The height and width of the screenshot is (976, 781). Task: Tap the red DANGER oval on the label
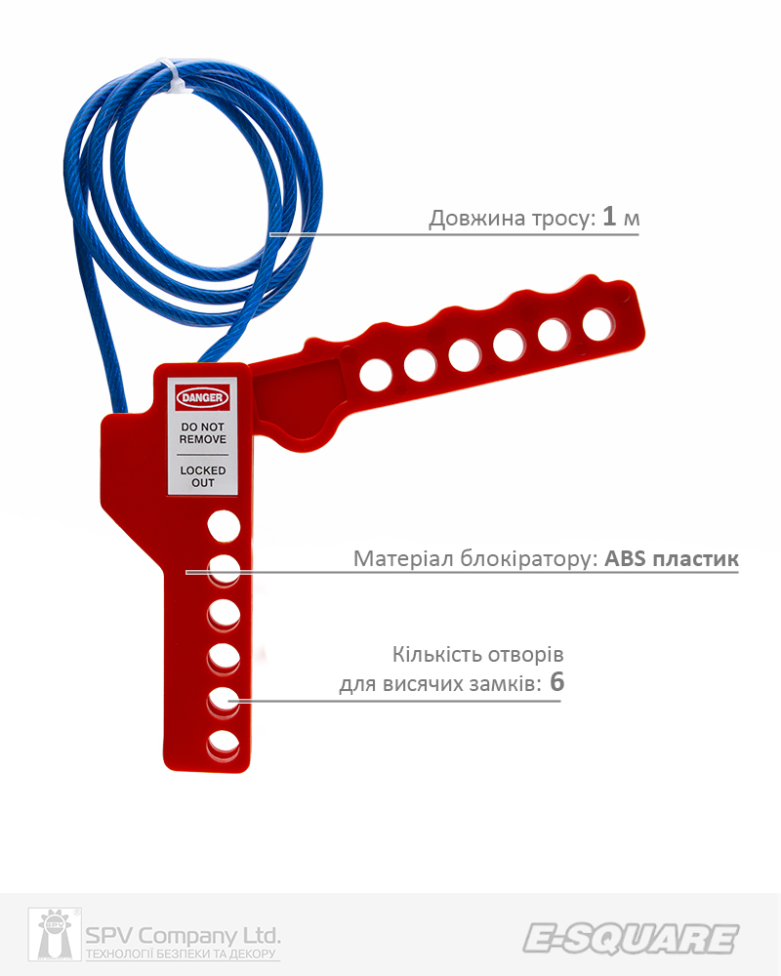point(202,398)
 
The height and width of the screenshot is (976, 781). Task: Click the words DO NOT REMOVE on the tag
point(202,434)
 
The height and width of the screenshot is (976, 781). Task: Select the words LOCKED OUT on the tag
point(202,476)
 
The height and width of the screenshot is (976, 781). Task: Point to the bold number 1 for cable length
point(609,217)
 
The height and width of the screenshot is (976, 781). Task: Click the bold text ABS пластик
point(672,559)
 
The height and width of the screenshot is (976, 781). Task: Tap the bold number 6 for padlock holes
point(556,682)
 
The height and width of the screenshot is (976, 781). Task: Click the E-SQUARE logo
point(630,938)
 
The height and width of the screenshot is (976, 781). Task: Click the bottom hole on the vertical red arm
point(224,745)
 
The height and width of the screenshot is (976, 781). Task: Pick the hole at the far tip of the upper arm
point(598,323)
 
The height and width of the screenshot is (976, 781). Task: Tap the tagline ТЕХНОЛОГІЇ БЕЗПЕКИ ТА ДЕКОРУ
point(184,955)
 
